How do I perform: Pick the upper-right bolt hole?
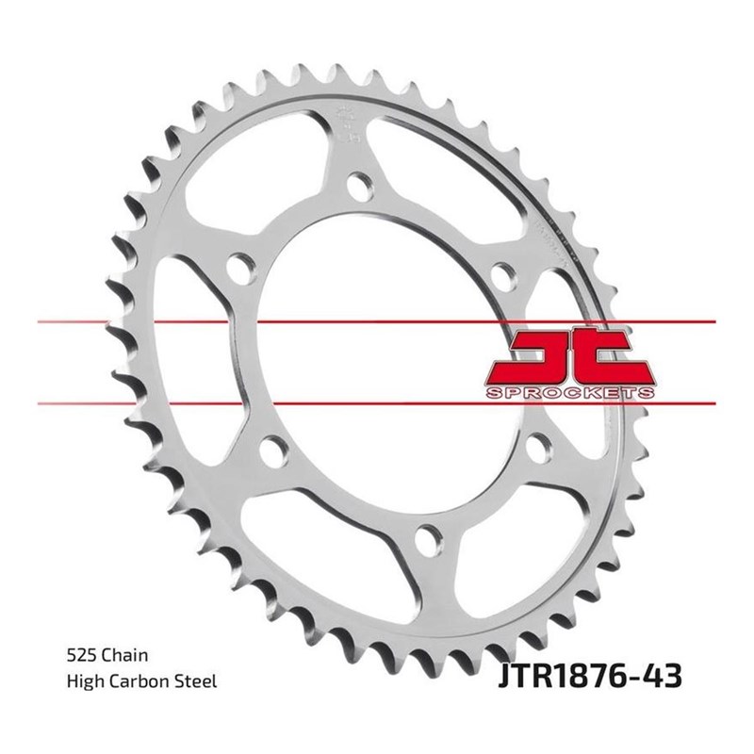[503, 274]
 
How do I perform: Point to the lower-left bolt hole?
[270, 447]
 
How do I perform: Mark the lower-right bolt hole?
[537, 445]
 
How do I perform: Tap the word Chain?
[124, 653]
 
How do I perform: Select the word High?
[85, 679]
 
